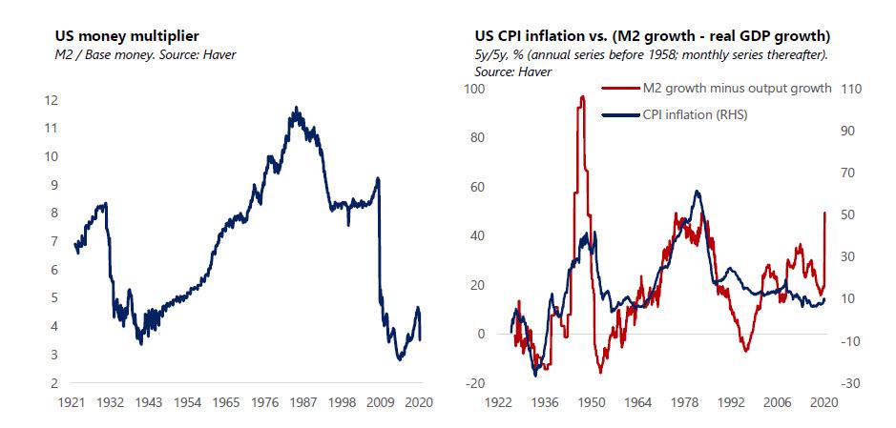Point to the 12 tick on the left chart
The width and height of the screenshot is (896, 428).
(x=52, y=100)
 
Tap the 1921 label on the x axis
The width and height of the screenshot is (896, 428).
(x=73, y=403)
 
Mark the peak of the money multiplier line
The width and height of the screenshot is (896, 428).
(x=297, y=108)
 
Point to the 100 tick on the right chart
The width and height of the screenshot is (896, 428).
(x=473, y=89)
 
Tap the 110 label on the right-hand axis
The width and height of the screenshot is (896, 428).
(x=851, y=89)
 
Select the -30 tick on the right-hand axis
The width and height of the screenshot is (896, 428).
(x=851, y=383)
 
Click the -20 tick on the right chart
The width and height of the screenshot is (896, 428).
(x=473, y=383)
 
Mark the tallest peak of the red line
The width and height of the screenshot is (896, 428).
(x=581, y=96)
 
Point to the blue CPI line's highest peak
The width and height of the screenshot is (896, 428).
(x=698, y=192)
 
